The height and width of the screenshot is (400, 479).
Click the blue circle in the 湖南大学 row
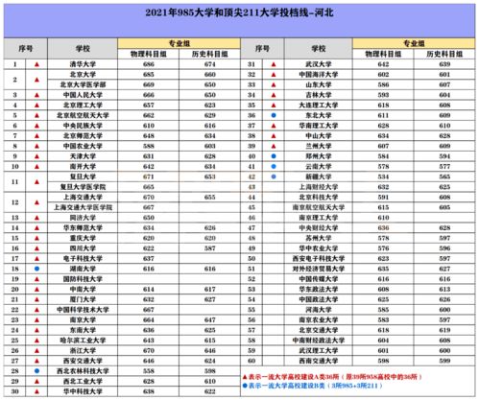point(36,270)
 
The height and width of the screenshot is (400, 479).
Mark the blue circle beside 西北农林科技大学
point(36,368)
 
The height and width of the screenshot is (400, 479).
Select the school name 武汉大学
point(321,64)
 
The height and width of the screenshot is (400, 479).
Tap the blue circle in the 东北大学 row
point(274,113)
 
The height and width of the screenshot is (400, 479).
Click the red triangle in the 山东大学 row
point(274,83)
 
